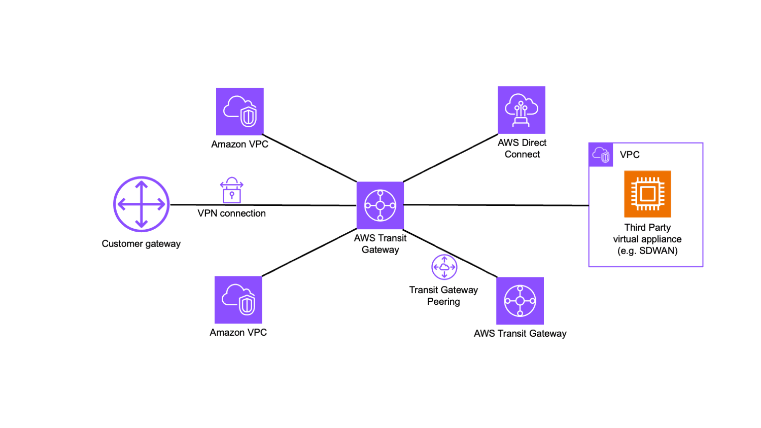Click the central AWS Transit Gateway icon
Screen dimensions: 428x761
[380, 205]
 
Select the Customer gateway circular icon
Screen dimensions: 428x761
[142, 204]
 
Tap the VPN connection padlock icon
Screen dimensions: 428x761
[231, 191]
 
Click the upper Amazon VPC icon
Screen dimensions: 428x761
[240, 112]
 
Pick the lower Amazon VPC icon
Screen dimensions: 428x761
[238, 300]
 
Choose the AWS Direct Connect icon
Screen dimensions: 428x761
[522, 110]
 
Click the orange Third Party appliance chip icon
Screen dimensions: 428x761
[647, 194]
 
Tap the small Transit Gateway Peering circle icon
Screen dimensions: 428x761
[444, 267]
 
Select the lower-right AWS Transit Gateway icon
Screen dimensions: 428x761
[520, 301]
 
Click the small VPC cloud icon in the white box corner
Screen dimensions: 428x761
[601, 155]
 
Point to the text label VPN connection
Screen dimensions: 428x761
[232, 213]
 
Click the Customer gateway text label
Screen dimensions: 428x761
[142, 244]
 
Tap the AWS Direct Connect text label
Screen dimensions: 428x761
[522, 149]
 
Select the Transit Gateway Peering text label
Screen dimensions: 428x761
[444, 296]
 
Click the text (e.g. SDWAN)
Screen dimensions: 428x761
[647, 251]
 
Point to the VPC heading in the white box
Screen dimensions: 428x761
[630, 155]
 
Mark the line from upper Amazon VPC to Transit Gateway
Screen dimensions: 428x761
[309, 158]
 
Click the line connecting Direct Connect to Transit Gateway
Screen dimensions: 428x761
[451, 157]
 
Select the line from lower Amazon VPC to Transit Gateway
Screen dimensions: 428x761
[309, 253]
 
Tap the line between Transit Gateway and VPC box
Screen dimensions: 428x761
[497, 205]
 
